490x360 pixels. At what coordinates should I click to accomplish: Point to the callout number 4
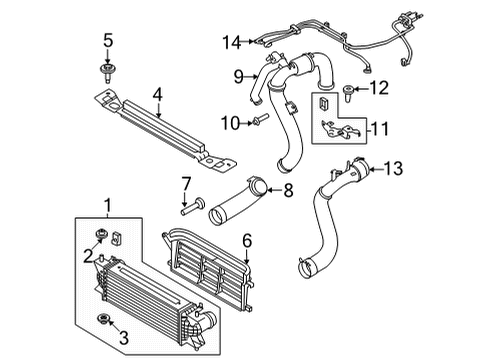click(x=157, y=96)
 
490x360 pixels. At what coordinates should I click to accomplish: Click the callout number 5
click(x=107, y=42)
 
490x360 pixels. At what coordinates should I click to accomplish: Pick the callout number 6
click(x=248, y=241)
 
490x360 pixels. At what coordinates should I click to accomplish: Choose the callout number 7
click(x=185, y=182)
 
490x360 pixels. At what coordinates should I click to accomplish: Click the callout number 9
click(x=239, y=77)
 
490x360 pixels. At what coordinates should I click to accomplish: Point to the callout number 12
click(x=379, y=89)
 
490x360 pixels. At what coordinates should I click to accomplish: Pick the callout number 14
click(x=232, y=42)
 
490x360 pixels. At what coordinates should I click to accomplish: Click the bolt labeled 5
click(x=107, y=70)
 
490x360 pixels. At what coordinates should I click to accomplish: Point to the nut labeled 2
click(x=102, y=236)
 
